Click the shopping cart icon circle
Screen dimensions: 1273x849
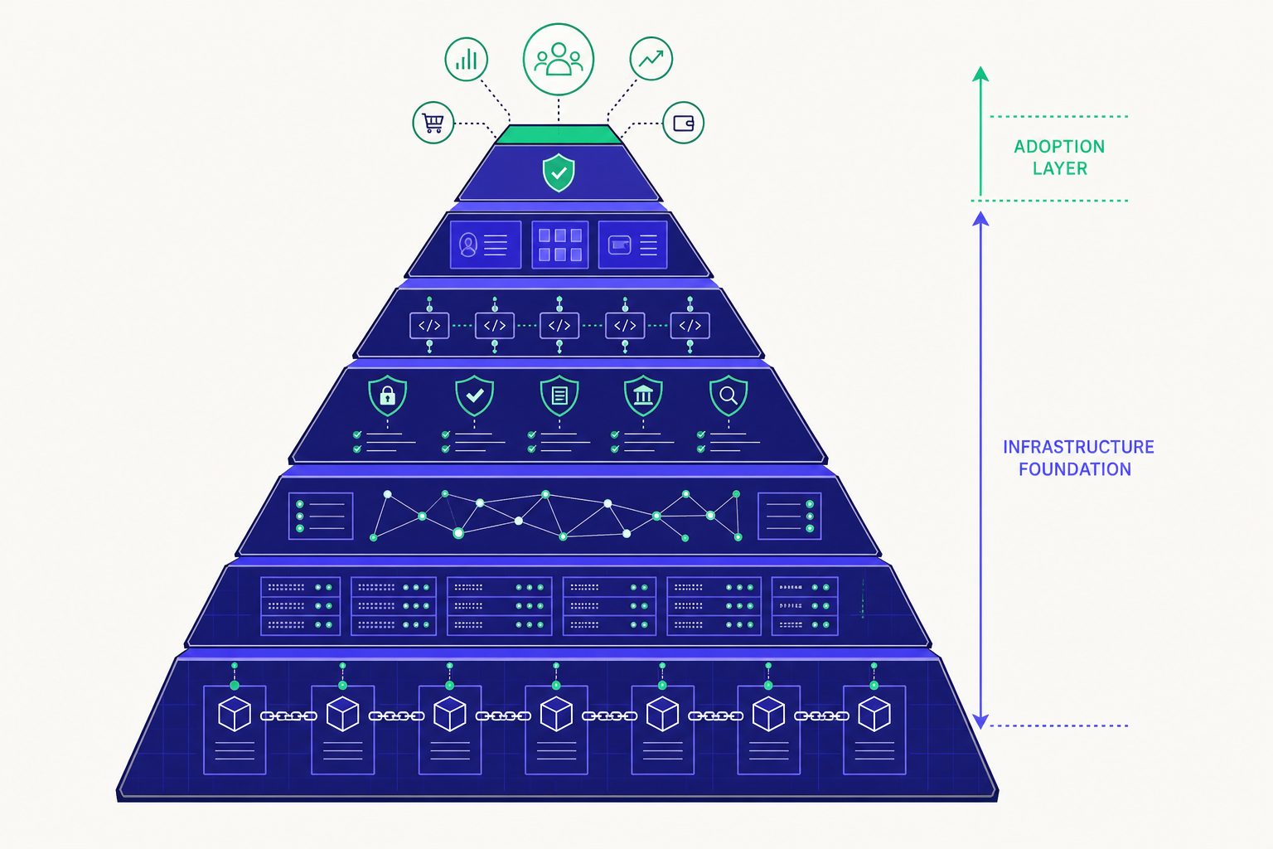433,122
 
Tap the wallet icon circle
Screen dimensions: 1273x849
683,122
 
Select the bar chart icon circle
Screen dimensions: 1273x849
466,59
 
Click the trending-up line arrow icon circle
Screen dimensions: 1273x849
651,59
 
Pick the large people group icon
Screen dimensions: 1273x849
558,59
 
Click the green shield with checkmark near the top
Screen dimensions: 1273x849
559,172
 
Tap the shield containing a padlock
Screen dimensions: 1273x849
388,395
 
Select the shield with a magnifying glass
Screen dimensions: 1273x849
728,395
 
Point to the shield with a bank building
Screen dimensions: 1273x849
643,395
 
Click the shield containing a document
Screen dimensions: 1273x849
559,395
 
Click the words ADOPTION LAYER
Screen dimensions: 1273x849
1059,158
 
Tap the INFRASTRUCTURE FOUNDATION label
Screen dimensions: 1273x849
1078,458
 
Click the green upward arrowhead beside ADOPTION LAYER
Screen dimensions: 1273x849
980,74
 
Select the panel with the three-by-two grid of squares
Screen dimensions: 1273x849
559,245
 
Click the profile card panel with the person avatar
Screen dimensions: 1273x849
486,245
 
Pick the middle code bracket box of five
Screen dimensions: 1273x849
559,325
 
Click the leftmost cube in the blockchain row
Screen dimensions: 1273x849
235,714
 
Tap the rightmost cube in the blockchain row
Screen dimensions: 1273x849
874,714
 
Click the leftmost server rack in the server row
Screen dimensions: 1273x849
300,605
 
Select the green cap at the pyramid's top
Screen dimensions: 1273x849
559,135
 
